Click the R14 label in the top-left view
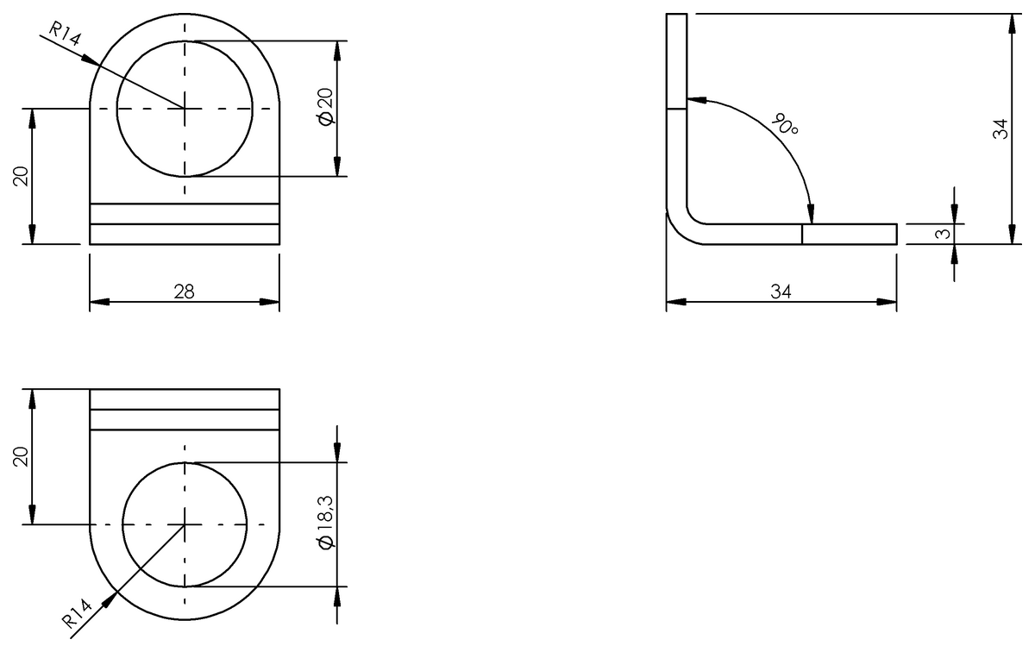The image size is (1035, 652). (64, 34)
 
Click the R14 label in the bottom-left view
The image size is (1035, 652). (77, 614)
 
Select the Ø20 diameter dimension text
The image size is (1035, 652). (326, 107)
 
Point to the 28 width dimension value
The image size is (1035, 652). (185, 292)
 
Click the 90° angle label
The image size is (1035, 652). (785, 124)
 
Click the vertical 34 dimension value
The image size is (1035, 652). (1000, 129)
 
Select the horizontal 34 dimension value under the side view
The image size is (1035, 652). (781, 292)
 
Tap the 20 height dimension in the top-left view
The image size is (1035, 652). (21, 176)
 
